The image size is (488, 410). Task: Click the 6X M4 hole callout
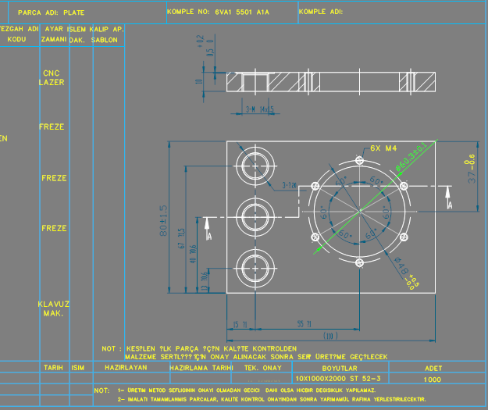[x=384, y=148]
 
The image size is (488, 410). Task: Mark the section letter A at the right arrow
[x=449, y=204]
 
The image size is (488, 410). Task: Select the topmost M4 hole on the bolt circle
[x=359, y=160]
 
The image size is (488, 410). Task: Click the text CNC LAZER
[x=52, y=77]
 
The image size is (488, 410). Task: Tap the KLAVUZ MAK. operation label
[x=53, y=308]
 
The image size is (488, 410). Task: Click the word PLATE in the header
[x=74, y=13]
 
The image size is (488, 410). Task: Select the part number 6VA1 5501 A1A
[x=241, y=13]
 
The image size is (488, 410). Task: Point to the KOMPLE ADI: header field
[x=320, y=13]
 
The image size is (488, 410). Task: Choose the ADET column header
[x=433, y=367]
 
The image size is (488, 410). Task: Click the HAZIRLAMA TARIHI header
[x=201, y=367]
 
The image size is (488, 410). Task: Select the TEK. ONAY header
[x=262, y=367]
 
